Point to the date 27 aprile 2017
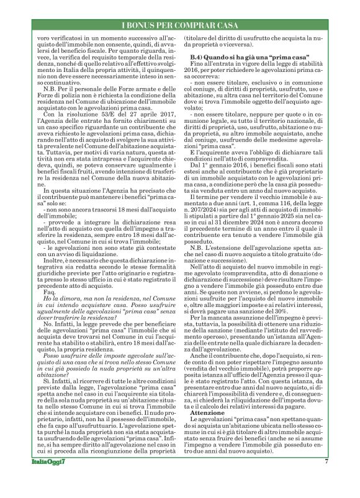(148, 120)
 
